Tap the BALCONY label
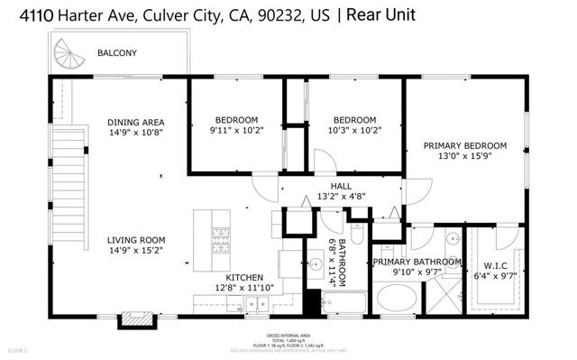click(x=117, y=54)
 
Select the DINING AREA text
click(x=135, y=123)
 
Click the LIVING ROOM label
click(x=134, y=240)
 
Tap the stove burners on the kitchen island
click(x=220, y=238)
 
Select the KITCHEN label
click(x=244, y=277)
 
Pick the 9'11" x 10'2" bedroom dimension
click(x=236, y=130)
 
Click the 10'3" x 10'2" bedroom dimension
click(x=354, y=130)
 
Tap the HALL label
click(x=341, y=185)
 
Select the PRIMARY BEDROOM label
click(x=465, y=145)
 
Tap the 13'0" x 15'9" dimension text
click(x=465, y=155)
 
